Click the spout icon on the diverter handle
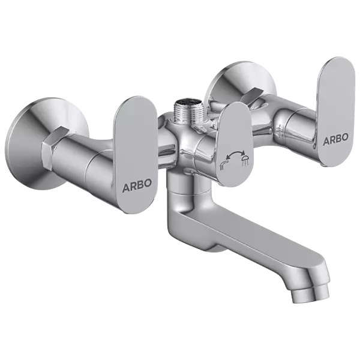[224, 162]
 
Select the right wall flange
[223, 84]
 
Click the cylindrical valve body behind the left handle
[90, 159]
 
